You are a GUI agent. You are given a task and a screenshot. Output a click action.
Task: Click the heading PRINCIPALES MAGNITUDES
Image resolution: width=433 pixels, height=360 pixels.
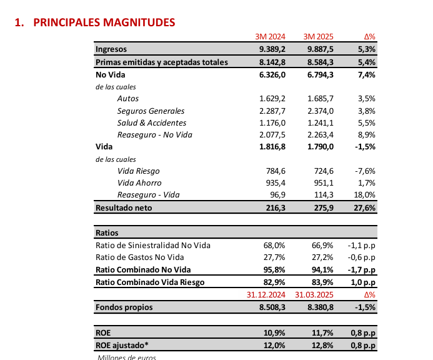pos(104,22)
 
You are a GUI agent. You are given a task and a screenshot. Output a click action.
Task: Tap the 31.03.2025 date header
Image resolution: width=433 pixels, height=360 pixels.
pos(316,295)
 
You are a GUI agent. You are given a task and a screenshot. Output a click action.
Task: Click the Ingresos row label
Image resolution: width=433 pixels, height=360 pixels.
pos(111,49)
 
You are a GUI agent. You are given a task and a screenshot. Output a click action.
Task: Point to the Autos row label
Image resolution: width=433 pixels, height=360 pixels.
pos(128,99)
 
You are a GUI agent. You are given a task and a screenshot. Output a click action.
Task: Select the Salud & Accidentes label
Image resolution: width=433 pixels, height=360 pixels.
pos(152,122)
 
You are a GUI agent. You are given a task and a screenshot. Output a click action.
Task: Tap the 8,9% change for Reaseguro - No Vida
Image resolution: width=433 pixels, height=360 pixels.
pos(366,134)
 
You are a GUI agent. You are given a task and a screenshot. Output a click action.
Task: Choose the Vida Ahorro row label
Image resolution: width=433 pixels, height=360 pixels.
pos(139,182)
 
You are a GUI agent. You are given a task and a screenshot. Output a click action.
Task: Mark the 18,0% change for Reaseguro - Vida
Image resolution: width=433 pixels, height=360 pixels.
pos(364,195)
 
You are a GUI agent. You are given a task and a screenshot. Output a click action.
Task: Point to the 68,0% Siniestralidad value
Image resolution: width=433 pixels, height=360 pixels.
pos(273,245)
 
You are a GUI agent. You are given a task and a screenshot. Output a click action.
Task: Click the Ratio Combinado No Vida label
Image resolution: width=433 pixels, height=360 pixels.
pos(143,269)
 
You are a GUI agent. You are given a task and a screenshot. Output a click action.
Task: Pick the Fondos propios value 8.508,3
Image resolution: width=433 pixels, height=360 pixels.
pos(272,307)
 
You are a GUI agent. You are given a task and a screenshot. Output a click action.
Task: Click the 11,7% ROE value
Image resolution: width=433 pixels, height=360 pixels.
pos(322,332)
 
